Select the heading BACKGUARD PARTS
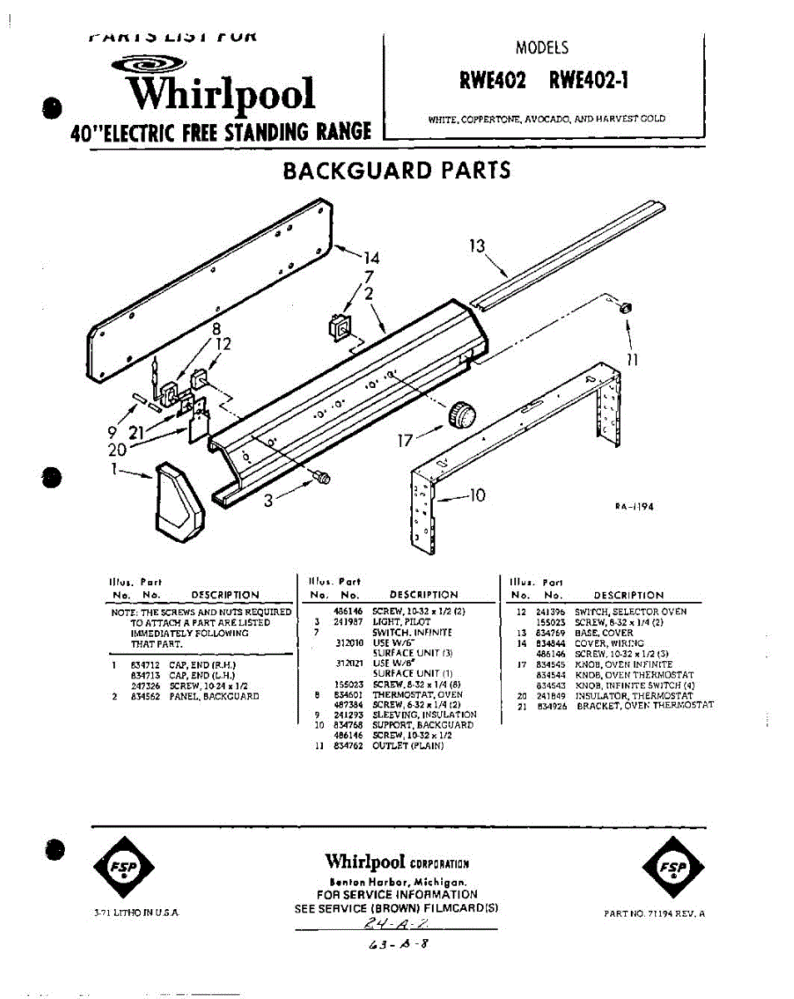(397, 171)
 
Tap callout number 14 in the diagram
(370, 258)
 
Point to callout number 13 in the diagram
(477, 246)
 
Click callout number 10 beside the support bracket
(476, 496)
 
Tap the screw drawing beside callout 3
(320, 477)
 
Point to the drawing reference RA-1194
(634, 507)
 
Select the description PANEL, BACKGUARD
(215, 696)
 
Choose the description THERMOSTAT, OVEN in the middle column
(417, 694)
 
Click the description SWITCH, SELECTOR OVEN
(630, 612)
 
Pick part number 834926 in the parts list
(551, 705)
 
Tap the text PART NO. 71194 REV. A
(655, 913)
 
